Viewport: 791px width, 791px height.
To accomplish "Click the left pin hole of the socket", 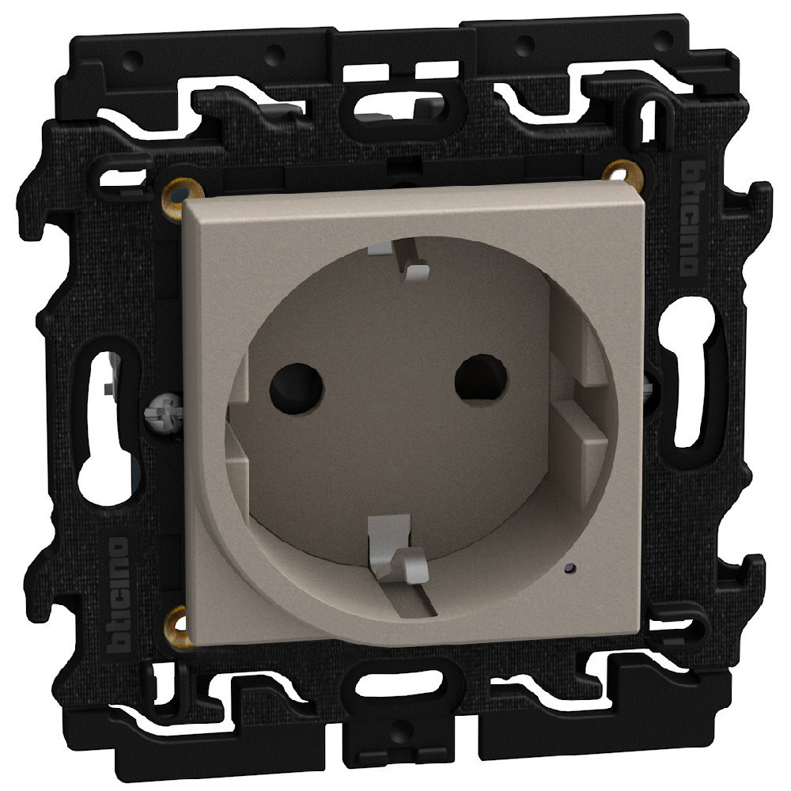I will click(x=297, y=388).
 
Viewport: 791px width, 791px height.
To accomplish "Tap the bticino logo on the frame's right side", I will click(x=693, y=217).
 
